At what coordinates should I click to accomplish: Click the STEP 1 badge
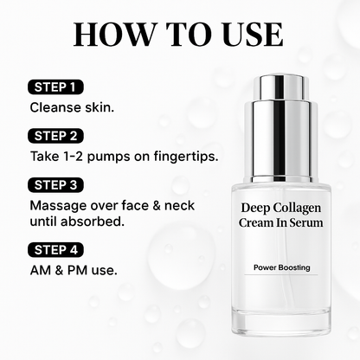coord(56,87)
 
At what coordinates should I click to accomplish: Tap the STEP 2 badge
coord(58,136)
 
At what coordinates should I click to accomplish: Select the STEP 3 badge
coord(58,185)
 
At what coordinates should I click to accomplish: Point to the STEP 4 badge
coord(58,251)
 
